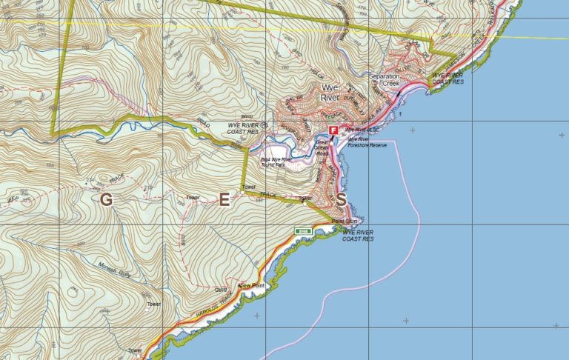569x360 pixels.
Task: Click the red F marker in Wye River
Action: (x=333, y=130)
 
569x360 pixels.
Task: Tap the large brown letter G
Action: (x=107, y=199)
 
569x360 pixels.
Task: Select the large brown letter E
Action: (x=224, y=199)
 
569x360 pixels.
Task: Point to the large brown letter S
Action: (x=341, y=199)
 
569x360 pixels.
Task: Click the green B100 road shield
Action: (x=302, y=231)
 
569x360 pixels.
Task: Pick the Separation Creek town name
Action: (x=385, y=80)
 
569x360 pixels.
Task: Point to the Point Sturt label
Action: (x=345, y=221)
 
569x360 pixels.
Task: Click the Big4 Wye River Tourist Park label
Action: (x=272, y=161)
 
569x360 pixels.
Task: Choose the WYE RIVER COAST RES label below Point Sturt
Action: (x=357, y=236)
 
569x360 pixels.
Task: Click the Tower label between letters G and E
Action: (x=193, y=198)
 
